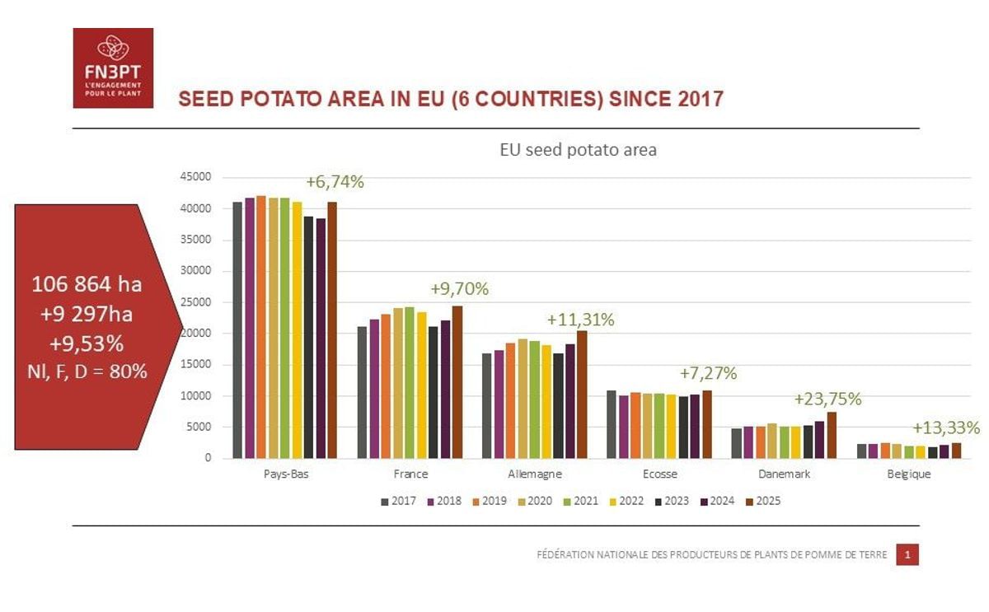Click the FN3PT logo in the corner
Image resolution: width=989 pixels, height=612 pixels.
coord(113,68)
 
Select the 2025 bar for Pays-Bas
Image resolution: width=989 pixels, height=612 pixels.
coord(332,329)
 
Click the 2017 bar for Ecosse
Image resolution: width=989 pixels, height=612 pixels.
coord(612,424)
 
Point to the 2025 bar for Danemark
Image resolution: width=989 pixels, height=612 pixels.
coord(832,435)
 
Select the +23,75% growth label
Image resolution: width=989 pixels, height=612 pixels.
coord(827,399)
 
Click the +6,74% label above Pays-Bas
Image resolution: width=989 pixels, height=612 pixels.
coord(335,182)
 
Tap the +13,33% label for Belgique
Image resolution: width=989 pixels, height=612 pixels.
coord(946,428)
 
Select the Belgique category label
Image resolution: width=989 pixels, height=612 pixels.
coord(908,474)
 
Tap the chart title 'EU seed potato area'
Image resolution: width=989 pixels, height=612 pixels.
coord(578,151)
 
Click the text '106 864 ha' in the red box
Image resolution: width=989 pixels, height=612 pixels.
coord(87,284)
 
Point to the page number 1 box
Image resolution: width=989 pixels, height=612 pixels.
coord(907,555)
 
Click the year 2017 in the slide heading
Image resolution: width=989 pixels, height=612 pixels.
coord(701,100)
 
